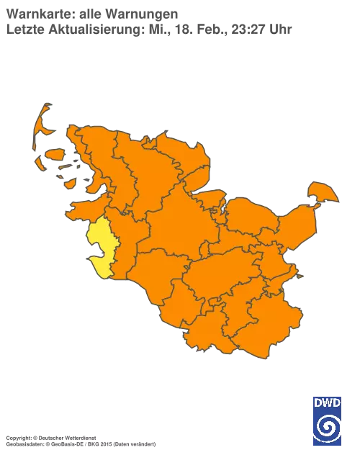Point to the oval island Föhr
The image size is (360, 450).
(56, 154)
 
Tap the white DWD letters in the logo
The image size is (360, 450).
(327, 402)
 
